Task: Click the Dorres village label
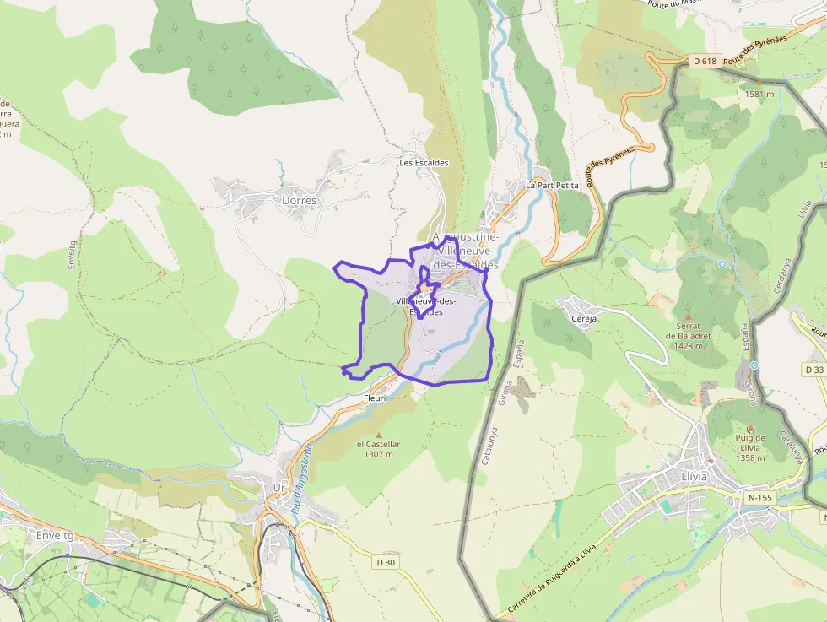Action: click(x=300, y=201)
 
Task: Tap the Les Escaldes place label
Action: click(x=424, y=163)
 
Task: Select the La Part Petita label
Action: click(x=552, y=185)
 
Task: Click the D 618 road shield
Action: click(x=705, y=61)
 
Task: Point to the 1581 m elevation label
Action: click(x=759, y=94)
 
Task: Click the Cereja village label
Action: click(x=584, y=319)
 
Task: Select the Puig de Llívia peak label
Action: click(x=750, y=447)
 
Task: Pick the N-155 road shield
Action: click(x=759, y=498)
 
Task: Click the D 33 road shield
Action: click(x=813, y=370)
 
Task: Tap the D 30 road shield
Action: click(x=386, y=562)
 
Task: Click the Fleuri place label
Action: click(x=374, y=398)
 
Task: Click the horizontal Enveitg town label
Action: click(x=56, y=535)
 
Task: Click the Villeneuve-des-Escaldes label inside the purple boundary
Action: click(x=425, y=306)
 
